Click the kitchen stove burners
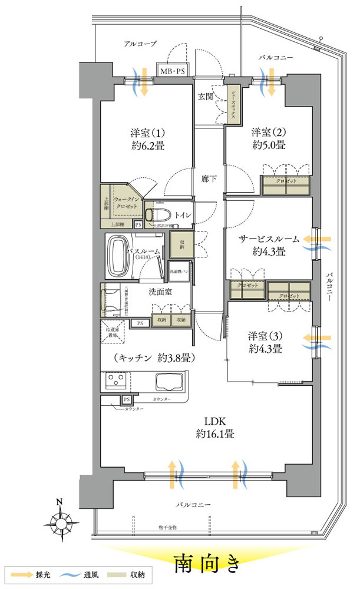point(113,382)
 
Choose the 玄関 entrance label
point(204,97)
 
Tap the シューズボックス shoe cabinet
point(233,104)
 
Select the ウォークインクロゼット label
point(125,203)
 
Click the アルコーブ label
point(140,43)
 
